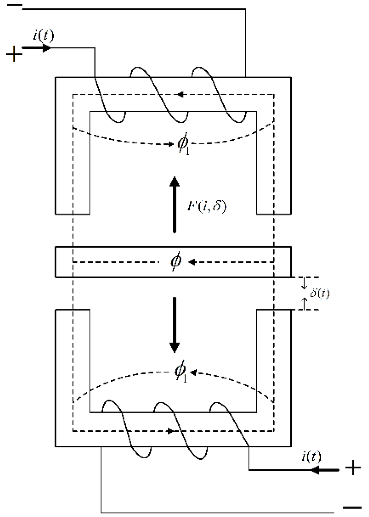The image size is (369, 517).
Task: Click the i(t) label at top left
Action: click(x=44, y=36)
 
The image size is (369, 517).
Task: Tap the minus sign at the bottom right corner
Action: click(x=352, y=507)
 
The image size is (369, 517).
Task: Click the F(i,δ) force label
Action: click(x=206, y=206)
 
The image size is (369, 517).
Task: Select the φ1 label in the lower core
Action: click(x=181, y=372)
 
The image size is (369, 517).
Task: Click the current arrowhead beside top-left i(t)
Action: click(x=47, y=48)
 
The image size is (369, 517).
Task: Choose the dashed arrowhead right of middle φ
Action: click(x=191, y=262)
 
